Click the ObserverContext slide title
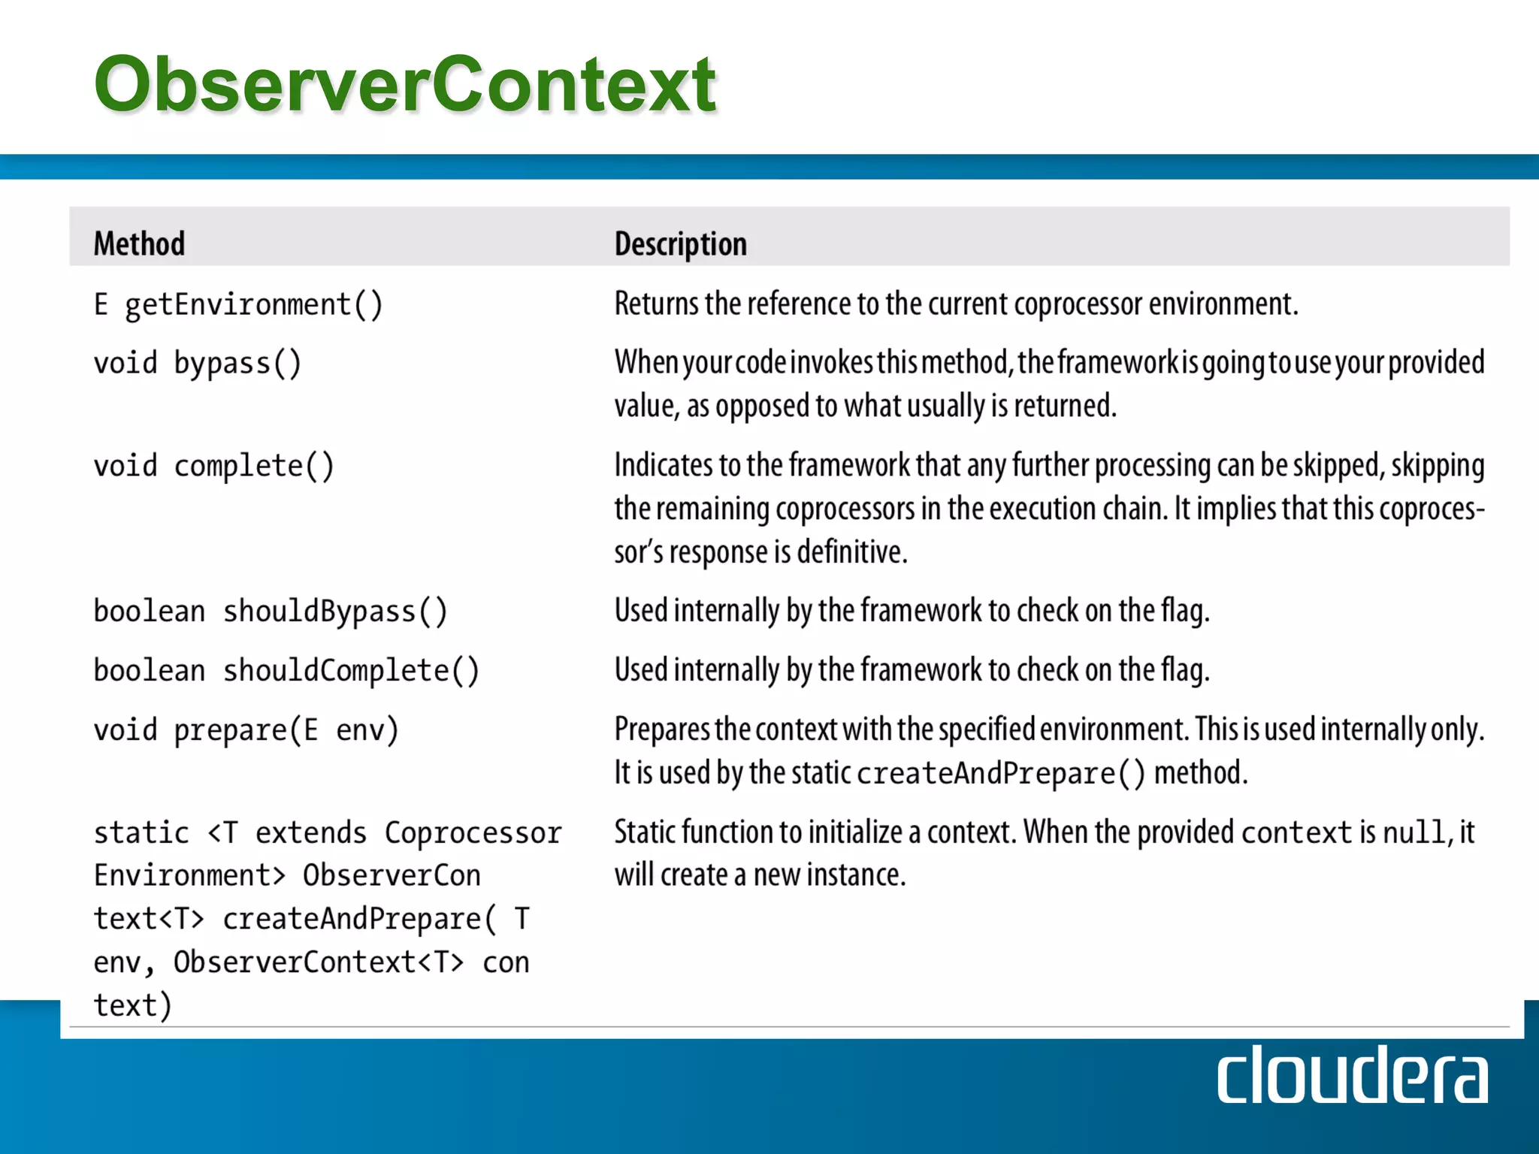[405, 84]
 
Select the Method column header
[139, 243]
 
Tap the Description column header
[680, 244]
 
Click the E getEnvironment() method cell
[238, 305]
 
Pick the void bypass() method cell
[197, 364]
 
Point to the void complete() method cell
[213, 467]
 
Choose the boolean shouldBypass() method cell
[270, 612]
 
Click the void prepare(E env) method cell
[246, 730]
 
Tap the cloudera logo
[1351, 1077]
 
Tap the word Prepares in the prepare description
[661, 730]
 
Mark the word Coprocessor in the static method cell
[473, 833]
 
